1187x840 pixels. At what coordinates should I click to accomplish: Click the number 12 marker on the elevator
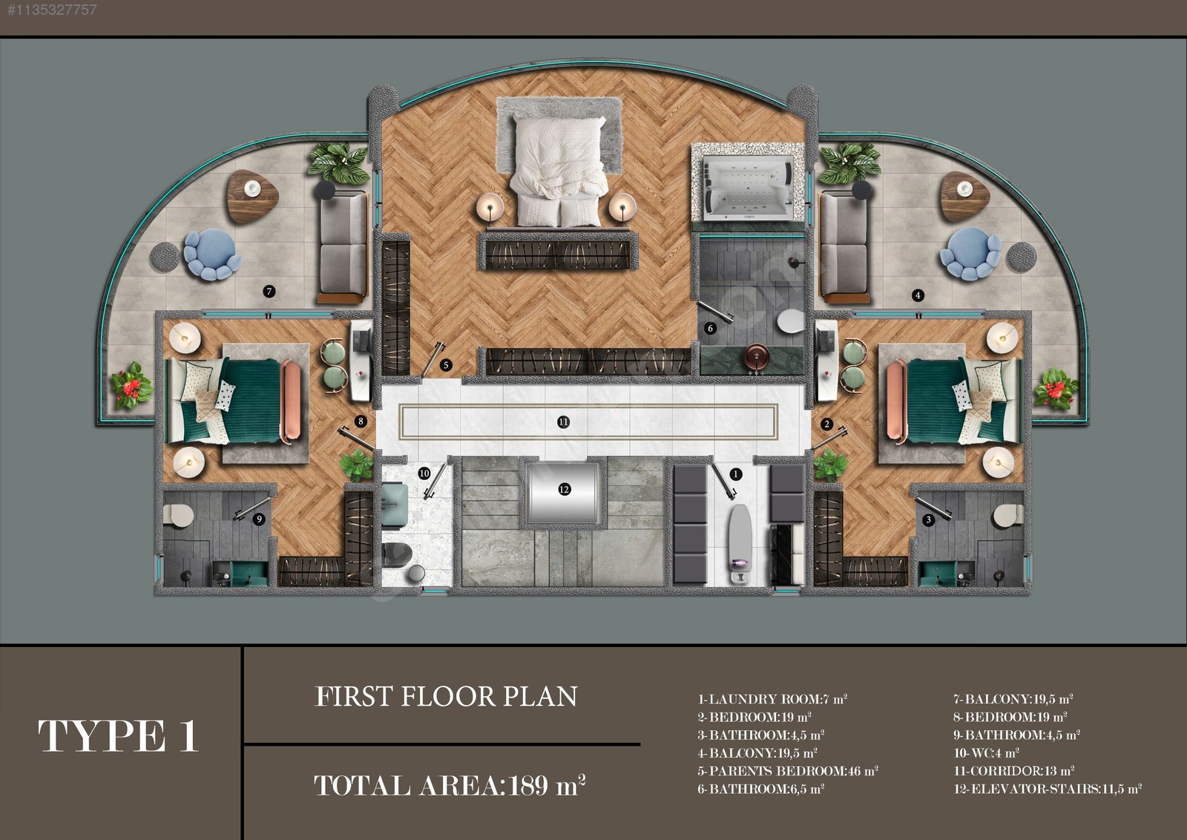pos(564,489)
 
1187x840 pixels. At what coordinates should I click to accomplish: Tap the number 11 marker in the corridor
pos(563,421)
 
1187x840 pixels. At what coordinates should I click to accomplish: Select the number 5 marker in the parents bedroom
pos(446,364)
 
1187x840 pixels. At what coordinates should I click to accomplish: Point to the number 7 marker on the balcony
pos(269,291)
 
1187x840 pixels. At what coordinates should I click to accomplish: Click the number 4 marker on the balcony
pos(918,295)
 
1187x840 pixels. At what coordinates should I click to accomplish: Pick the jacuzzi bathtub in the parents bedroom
pos(748,188)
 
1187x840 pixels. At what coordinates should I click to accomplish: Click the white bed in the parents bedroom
pos(559,171)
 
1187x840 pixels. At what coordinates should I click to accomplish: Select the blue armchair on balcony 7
pos(211,254)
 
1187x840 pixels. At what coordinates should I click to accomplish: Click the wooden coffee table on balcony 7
pos(252,196)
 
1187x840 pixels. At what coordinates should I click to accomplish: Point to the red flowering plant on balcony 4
pos(1055,390)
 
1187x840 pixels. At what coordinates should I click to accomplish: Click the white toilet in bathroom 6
pos(791,321)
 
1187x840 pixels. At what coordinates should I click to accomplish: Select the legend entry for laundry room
pos(772,699)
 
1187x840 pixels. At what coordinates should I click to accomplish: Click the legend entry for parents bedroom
pos(787,770)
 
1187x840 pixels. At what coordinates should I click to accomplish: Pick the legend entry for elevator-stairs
pos(1047,789)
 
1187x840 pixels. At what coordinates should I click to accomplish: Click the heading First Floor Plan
pos(446,696)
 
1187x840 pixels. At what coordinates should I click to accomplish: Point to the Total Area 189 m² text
pos(450,785)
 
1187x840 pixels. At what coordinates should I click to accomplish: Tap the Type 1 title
pos(118,735)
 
